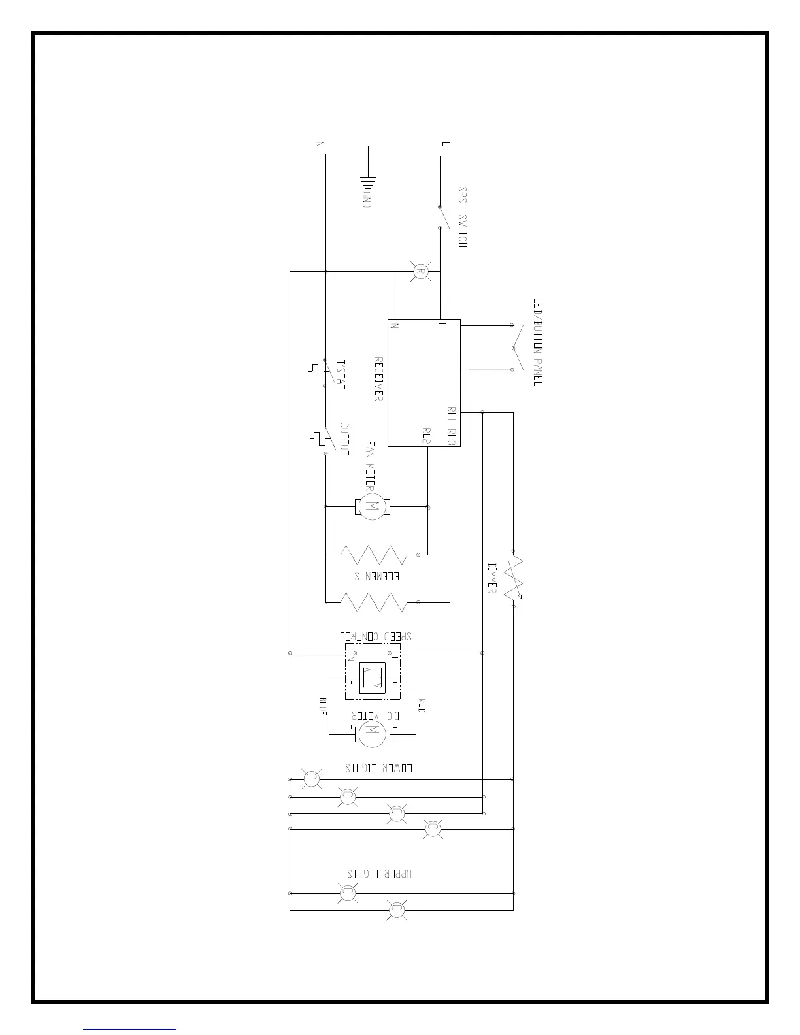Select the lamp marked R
click(421, 271)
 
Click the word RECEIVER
click(378, 378)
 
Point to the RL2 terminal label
click(426, 436)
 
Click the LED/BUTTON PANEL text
click(538, 342)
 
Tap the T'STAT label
click(340, 374)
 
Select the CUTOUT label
click(344, 438)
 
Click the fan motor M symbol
click(372, 506)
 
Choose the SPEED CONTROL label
click(376, 636)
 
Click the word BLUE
click(323, 706)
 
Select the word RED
click(422, 706)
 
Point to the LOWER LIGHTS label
click(379, 768)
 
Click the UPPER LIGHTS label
click(380, 873)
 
